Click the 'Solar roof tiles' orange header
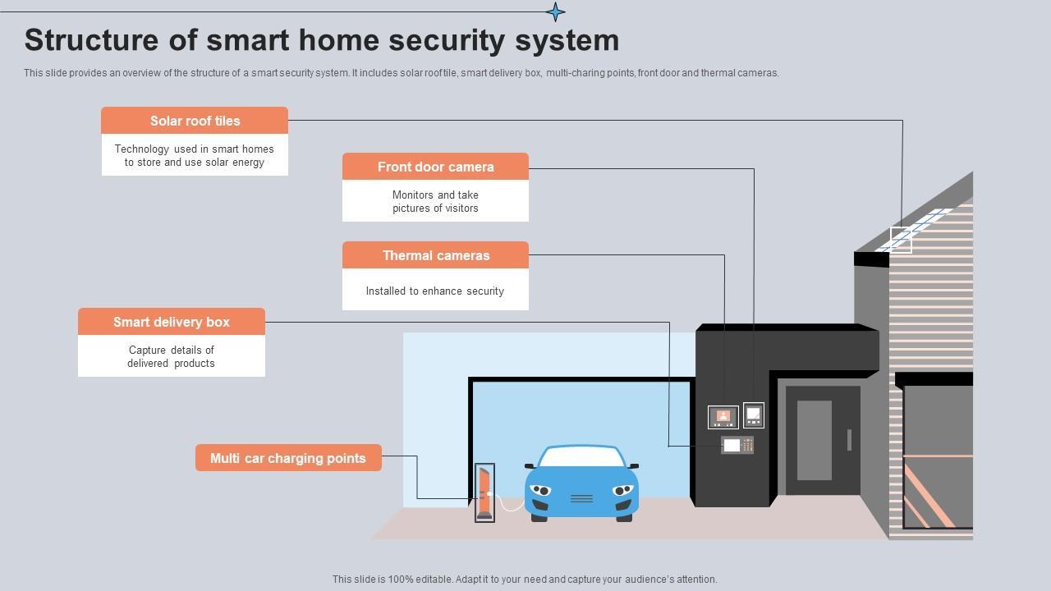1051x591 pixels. coord(195,121)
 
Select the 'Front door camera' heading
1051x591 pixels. coord(435,167)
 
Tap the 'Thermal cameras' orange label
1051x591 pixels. coord(435,255)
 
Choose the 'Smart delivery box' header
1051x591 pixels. coord(171,322)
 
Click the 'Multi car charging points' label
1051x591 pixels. coord(288,458)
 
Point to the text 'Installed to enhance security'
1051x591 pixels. coord(435,291)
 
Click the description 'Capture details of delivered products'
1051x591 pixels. coord(171,356)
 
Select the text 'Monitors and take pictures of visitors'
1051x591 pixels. coord(435,201)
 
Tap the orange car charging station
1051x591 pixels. coord(484,492)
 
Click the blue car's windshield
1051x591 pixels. coord(581,457)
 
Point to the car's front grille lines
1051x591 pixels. coord(581,498)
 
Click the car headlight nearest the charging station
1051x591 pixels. coord(540,490)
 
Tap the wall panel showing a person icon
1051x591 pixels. coord(723,417)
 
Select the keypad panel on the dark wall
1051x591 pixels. coord(737,445)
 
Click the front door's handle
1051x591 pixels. coord(849,440)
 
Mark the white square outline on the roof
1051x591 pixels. coord(901,241)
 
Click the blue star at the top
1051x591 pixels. coord(555,11)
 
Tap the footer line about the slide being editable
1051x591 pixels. coord(525,579)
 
